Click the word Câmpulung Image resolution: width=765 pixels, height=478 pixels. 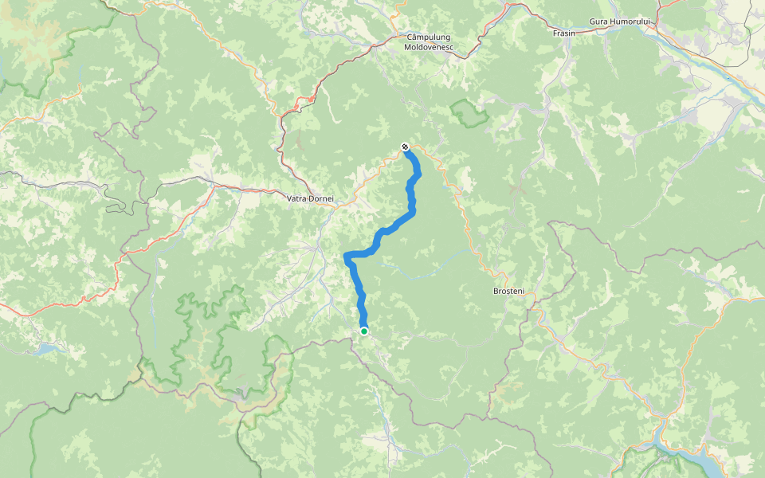point(429,37)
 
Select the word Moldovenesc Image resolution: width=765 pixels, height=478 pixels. point(429,48)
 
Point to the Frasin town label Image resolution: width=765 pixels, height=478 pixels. point(563,33)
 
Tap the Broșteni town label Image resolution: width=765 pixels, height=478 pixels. point(508,292)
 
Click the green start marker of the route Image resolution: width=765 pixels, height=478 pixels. point(364,331)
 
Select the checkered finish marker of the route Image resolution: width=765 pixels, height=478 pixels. point(406,147)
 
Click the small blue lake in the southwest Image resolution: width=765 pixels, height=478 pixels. point(48,348)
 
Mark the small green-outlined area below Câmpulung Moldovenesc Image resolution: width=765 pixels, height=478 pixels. point(470,114)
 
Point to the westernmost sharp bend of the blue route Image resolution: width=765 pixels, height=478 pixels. point(346,256)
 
